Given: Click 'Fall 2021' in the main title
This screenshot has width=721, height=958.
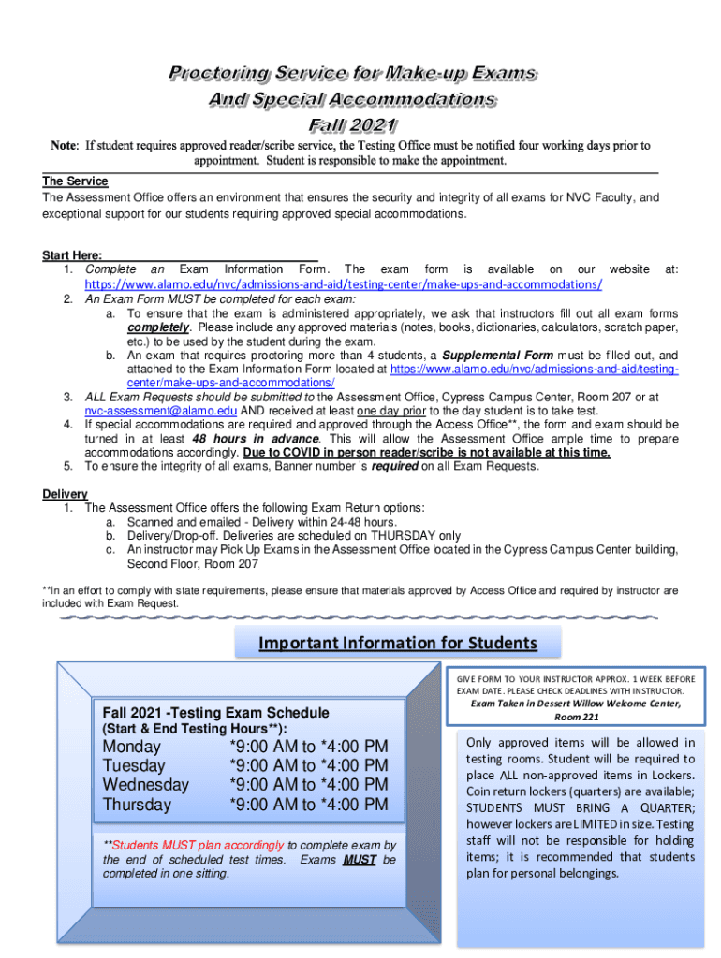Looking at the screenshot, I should (352, 124).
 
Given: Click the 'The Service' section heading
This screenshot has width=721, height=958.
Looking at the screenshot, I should (75, 181).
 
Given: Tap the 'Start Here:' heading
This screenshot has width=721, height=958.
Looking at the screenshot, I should (72, 255).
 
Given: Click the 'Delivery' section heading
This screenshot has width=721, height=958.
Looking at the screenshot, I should (65, 494).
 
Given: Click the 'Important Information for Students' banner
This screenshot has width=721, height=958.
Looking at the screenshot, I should (398, 643).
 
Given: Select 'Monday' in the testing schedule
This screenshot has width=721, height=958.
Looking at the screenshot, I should (132, 747).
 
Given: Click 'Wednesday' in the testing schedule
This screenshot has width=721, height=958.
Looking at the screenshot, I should (145, 785).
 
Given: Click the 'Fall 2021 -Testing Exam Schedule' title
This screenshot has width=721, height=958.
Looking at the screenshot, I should (216, 712).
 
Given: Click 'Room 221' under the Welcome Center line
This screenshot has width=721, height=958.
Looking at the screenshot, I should (577, 717).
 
